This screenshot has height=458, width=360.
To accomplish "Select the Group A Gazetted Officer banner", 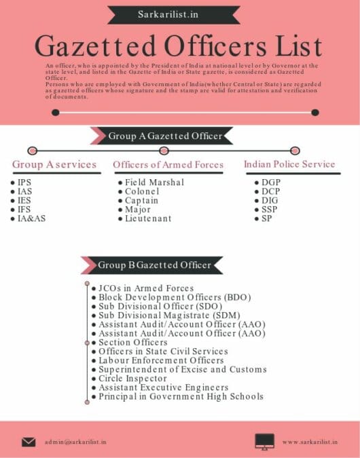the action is (x=165, y=136).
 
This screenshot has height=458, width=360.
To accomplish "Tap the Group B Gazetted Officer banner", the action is (x=155, y=265).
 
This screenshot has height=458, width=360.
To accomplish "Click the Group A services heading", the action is (x=54, y=164).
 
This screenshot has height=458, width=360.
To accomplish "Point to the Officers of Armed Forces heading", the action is (x=168, y=164).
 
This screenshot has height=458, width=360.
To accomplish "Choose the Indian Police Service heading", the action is (x=289, y=164).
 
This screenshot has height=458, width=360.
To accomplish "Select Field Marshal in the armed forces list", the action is (x=154, y=183).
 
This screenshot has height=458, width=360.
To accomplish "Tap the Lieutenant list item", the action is (x=148, y=219).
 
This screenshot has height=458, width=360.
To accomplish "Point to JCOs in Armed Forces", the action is (x=146, y=288).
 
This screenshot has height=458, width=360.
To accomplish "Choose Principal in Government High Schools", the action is (x=181, y=396).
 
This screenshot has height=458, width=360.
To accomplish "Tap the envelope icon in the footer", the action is (x=29, y=442).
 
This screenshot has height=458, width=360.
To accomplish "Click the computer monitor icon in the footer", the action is (x=264, y=442).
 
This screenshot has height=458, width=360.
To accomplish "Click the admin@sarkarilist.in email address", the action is (x=75, y=442).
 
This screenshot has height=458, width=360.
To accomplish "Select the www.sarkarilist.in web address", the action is (x=310, y=442).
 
